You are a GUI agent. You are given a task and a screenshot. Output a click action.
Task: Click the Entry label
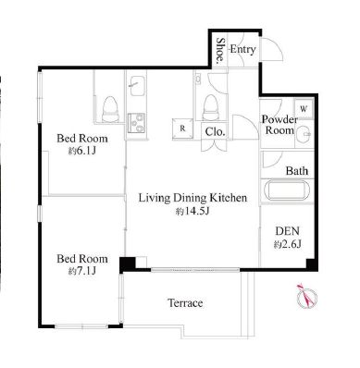tap(242, 49)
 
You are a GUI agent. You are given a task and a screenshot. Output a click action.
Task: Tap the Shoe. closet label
tap(220, 51)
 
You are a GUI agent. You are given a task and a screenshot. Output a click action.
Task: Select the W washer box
tap(304, 109)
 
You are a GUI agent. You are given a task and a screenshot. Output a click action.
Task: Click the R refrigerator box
tap(182, 129)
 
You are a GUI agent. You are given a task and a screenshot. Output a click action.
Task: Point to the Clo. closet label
tap(215, 132)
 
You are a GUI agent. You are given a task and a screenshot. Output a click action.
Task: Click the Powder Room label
tap(279, 125)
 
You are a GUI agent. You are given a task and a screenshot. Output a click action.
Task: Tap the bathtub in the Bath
tap(287, 190)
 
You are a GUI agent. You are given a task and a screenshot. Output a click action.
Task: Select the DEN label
tap(287, 231)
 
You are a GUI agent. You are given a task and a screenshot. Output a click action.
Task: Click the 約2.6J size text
tap(287, 244)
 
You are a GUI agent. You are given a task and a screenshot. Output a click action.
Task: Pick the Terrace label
tap(185, 303)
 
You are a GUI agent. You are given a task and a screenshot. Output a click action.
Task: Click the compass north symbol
tap(307, 296)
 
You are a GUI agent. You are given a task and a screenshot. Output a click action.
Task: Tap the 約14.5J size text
tap(192, 212)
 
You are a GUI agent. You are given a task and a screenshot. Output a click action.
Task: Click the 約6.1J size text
tap(82, 151)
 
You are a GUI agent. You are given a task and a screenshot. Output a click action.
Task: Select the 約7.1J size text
tap(82, 271)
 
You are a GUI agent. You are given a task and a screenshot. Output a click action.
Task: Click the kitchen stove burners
tap(136, 123)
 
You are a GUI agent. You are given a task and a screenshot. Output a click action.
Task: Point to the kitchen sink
tap(137, 86)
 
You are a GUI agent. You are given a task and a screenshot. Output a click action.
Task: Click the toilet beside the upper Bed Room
tap(110, 109)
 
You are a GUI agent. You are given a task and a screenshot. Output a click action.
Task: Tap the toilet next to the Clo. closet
tap(211, 107)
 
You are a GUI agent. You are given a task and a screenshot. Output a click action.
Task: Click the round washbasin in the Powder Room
tap(305, 134)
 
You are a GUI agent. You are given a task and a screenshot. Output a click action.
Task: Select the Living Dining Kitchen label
tap(192, 198)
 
